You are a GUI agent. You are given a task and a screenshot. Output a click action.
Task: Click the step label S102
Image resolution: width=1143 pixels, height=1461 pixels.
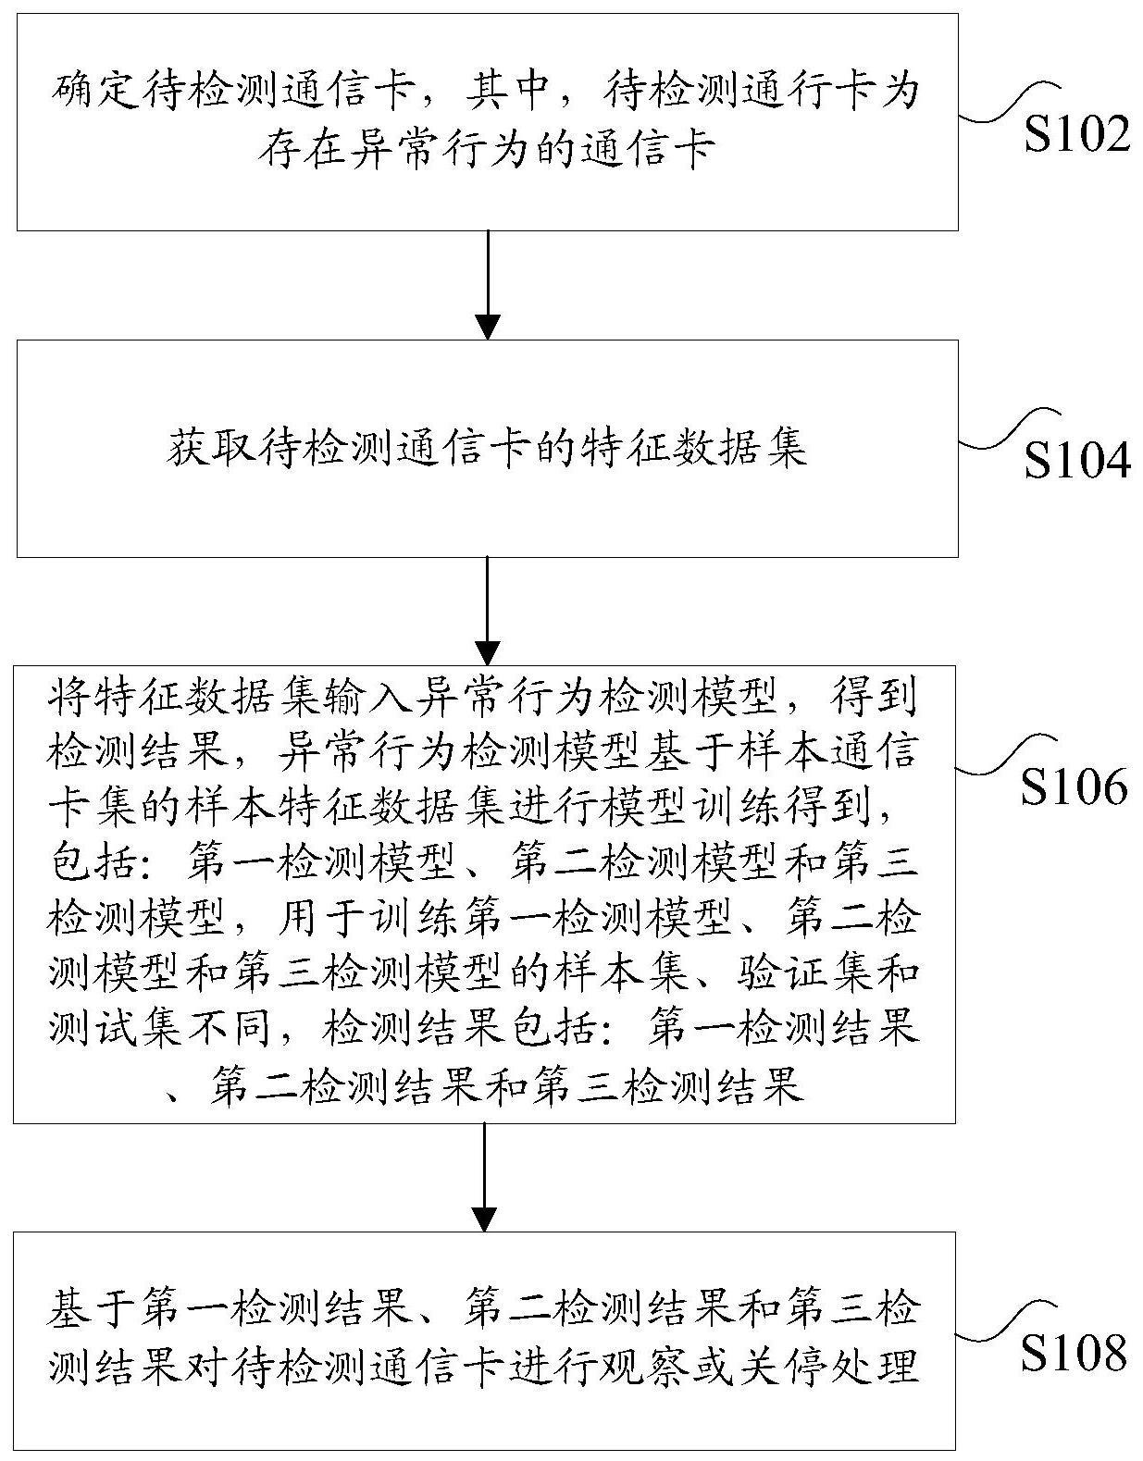click(x=1076, y=136)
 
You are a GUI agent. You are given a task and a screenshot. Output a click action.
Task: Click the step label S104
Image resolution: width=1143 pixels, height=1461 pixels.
click(x=1076, y=461)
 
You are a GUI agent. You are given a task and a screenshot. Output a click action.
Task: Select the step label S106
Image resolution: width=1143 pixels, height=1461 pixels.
click(x=1075, y=786)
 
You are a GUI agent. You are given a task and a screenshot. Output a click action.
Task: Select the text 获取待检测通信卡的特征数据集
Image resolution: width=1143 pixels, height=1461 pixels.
click(x=487, y=449)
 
